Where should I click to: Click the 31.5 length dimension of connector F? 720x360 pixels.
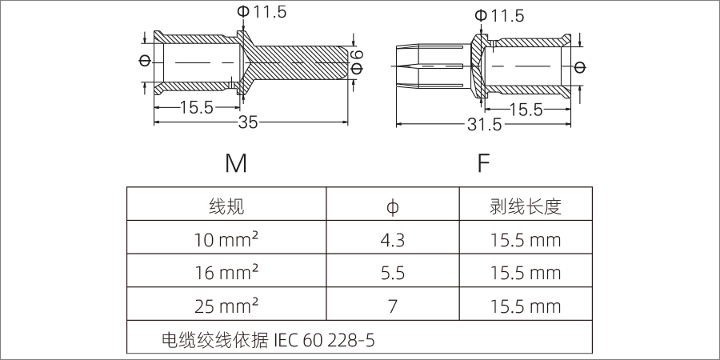coord(485,125)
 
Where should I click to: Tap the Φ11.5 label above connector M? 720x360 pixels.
coord(262,12)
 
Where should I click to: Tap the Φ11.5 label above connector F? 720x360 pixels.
coord(499,15)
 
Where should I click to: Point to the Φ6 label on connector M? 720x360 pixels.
coord(357,62)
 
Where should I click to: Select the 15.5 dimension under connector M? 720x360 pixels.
coord(196,108)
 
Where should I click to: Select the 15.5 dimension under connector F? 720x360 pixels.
coord(526,110)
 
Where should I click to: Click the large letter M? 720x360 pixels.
coord(236,163)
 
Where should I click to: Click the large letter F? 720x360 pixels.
coord(483,163)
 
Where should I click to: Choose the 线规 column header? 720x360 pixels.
coord(226,206)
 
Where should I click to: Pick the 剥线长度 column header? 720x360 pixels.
coord(525,206)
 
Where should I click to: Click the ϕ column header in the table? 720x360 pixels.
coord(392,207)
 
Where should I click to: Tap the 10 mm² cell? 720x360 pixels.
coord(226,240)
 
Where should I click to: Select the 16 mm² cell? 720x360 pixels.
coord(226,273)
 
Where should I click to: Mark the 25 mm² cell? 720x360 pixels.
coord(226,306)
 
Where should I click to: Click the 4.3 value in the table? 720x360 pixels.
coord(392,240)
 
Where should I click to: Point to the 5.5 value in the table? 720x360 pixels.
coord(392,273)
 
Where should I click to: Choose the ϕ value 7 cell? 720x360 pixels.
coord(392,306)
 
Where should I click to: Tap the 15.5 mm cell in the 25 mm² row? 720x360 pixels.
coord(525,306)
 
